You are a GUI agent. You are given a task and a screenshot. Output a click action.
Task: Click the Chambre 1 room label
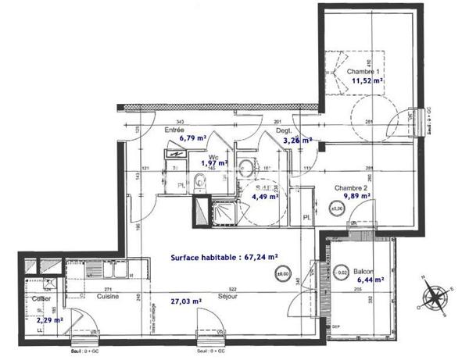[353, 71]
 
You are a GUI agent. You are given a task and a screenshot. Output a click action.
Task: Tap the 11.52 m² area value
[366, 80]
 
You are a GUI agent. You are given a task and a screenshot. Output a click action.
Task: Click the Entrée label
[174, 130]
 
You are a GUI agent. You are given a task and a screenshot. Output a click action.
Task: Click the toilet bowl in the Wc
[202, 183]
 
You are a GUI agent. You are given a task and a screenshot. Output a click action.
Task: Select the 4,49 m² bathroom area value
[263, 197]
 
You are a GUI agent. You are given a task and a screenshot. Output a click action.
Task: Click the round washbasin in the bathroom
[245, 166]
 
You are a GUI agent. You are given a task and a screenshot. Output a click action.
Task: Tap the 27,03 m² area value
[186, 300]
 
